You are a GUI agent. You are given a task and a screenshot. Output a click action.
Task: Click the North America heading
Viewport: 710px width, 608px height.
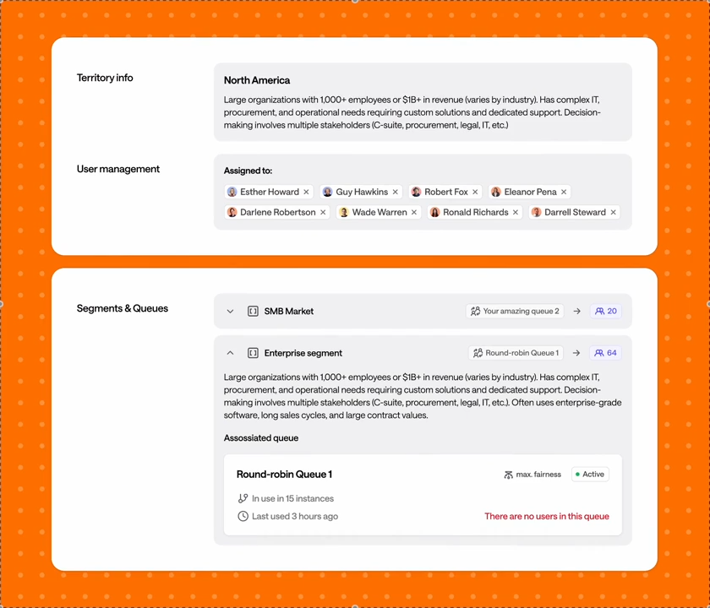tap(257, 80)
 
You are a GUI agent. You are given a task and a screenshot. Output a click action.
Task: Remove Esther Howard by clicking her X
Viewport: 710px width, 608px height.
tap(307, 192)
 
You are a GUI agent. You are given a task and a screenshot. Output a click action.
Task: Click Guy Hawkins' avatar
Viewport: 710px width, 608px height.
tap(327, 192)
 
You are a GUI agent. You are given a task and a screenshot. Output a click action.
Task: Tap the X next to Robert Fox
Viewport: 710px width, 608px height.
tap(475, 192)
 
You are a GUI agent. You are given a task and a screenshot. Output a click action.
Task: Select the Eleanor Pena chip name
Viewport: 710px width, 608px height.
tap(530, 192)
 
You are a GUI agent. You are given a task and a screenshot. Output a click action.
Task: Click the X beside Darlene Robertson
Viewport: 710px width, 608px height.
tap(323, 212)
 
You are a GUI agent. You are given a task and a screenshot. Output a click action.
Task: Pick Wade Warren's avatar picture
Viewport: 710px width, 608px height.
tap(344, 212)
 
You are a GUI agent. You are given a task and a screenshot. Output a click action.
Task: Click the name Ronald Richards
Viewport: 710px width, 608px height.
tap(475, 212)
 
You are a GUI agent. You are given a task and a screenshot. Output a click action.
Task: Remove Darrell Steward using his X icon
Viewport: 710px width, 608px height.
tap(613, 212)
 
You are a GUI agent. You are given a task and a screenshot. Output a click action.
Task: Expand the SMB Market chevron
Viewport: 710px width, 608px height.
tap(230, 312)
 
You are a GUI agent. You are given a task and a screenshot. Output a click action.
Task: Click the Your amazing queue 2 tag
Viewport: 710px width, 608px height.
tap(515, 312)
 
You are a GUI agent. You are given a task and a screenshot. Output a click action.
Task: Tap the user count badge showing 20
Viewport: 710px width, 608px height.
tap(606, 312)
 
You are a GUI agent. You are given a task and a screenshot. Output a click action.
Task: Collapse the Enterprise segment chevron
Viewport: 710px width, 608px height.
tap(230, 353)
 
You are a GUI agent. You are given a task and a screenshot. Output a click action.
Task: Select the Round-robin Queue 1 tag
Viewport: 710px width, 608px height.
tap(516, 353)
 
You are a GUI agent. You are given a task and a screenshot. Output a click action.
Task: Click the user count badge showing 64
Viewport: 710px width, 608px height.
tap(605, 353)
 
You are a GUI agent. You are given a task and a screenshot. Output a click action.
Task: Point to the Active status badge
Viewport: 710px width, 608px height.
tap(590, 474)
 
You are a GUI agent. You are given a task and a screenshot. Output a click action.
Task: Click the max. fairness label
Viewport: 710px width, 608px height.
tap(538, 475)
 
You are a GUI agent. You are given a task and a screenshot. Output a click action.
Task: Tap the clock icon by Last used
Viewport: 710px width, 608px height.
tap(243, 516)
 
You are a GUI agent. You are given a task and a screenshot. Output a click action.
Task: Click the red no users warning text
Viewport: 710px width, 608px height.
tap(547, 516)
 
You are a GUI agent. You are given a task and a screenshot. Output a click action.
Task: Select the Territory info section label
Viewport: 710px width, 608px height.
tap(105, 78)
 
